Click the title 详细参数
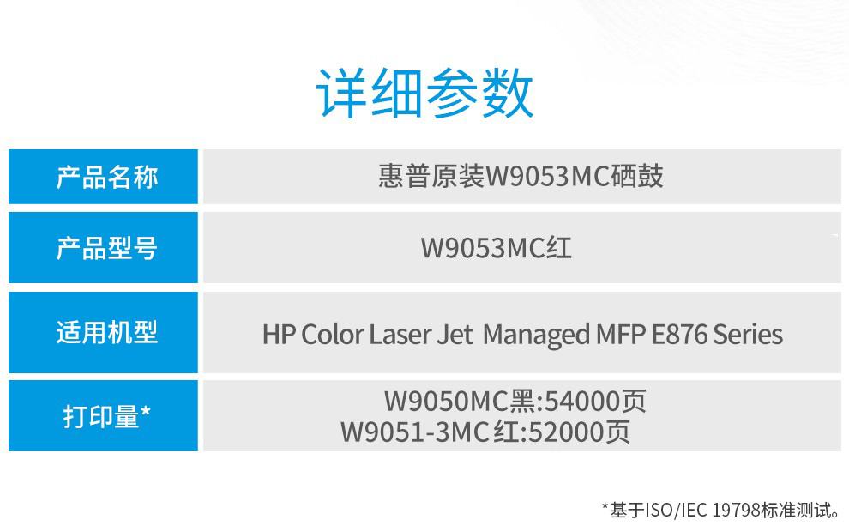click(424, 94)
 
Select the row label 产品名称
click(107, 178)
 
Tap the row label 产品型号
click(107, 248)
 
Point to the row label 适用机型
click(107, 332)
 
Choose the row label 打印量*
click(106, 416)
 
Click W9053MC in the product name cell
click(548, 177)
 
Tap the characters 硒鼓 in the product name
click(637, 177)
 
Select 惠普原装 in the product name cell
click(431, 177)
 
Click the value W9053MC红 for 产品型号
click(496, 248)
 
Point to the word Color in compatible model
click(332, 335)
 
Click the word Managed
click(536, 336)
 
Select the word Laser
click(400, 335)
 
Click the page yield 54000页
click(595, 402)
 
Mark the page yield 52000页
click(579, 432)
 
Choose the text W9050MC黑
click(460, 402)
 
